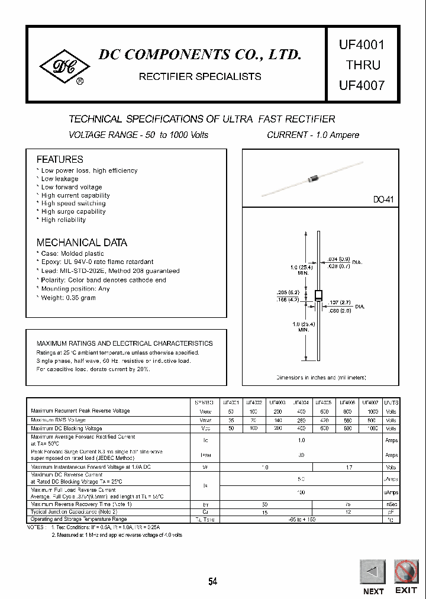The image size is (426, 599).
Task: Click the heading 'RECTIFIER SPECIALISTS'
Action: (199, 76)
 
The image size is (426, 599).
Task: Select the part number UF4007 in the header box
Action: (361, 85)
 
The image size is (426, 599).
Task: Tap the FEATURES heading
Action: (60, 159)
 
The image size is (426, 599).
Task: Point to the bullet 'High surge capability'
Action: (73, 211)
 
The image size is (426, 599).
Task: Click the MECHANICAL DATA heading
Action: (82, 243)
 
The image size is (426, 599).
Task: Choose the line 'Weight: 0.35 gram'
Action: (68, 298)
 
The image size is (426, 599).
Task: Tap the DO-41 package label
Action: (383, 201)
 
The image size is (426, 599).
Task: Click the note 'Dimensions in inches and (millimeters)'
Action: (321, 377)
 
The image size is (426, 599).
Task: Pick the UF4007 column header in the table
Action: (370, 402)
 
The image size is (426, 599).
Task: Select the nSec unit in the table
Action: (391, 504)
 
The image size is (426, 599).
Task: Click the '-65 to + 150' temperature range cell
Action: (302, 519)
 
